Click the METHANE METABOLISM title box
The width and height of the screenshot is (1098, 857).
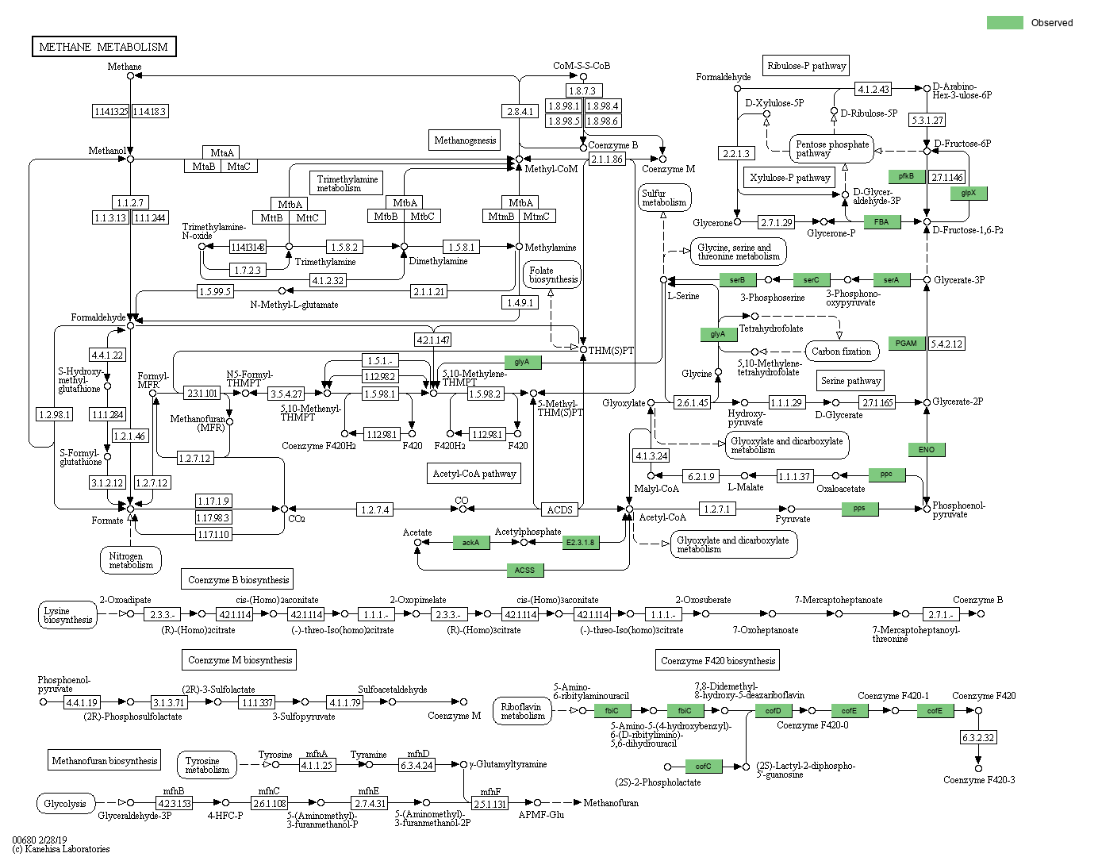(104, 47)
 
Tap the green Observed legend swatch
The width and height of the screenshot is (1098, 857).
(1004, 22)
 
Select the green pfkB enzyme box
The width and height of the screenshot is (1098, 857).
(906, 176)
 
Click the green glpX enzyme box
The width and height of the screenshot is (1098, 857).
(968, 193)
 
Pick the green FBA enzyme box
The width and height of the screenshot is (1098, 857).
(881, 222)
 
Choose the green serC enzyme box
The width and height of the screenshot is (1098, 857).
(811, 279)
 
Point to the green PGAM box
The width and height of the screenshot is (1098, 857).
(906, 344)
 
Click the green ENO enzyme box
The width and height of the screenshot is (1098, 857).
(927, 450)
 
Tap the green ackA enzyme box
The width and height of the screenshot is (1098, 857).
(470, 543)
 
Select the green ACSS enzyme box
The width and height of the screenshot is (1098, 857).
(524, 570)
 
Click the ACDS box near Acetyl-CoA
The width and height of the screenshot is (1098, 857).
(559, 509)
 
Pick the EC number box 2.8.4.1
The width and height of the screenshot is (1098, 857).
(520, 112)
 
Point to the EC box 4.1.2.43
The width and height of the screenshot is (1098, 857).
(873, 89)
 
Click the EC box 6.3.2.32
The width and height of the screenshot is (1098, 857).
(977, 737)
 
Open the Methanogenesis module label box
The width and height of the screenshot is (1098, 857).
(465, 140)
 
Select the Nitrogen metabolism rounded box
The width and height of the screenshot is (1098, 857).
(131, 560)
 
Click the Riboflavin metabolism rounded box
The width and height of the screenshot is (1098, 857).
(521, 711)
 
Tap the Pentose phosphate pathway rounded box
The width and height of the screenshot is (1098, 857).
(831, 148)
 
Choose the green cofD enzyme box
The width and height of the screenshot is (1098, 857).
(773, 711)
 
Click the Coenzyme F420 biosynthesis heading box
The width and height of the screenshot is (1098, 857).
(718, 660)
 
